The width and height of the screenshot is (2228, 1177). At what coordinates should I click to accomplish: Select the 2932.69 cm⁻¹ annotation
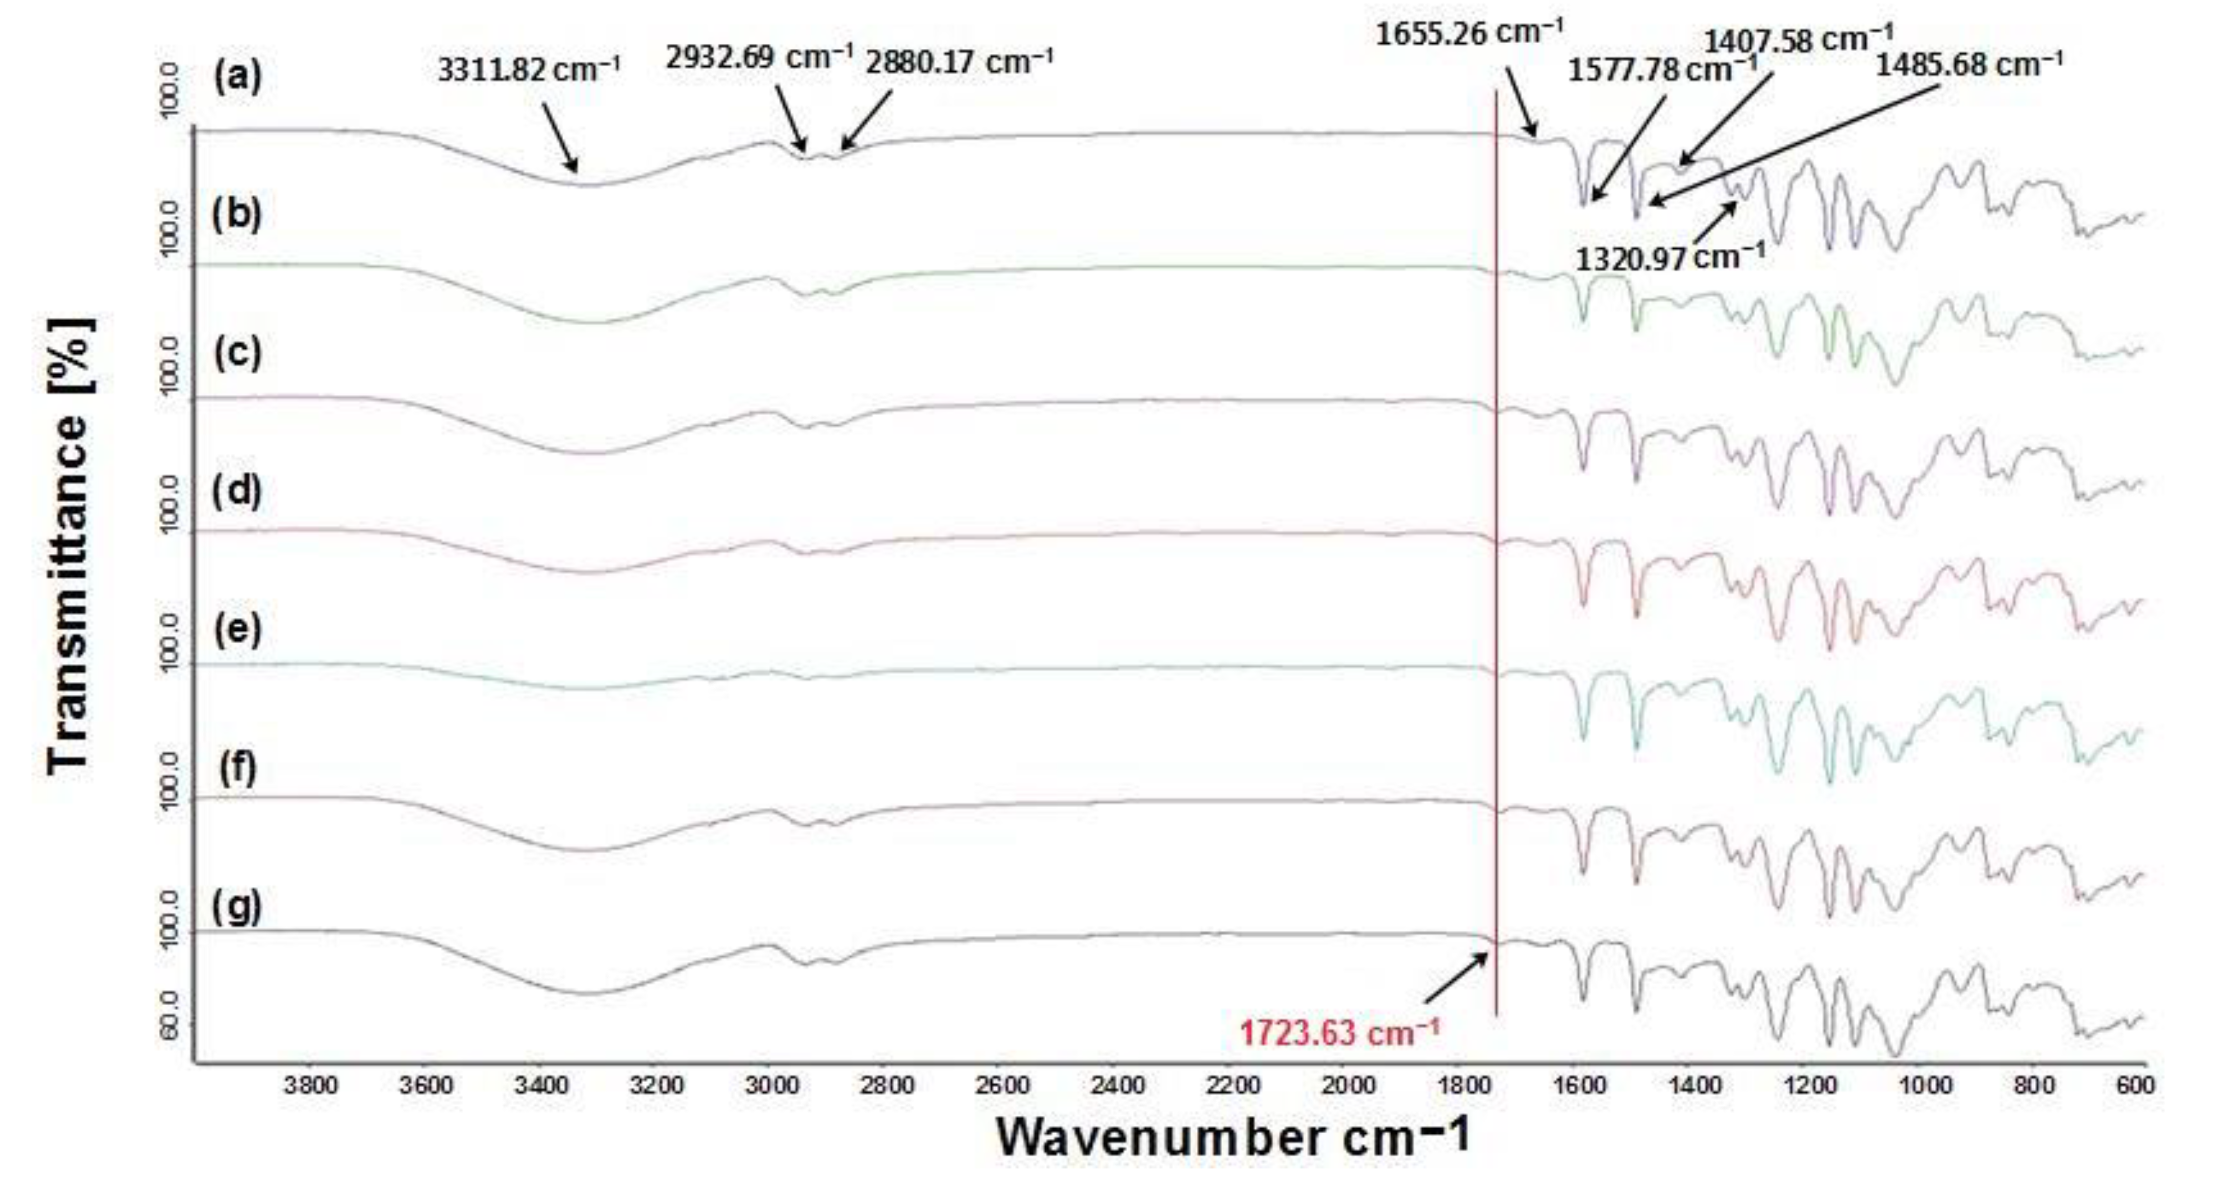759,57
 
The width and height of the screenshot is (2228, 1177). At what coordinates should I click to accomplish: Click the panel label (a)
237,78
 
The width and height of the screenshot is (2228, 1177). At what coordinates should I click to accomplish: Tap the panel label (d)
237,491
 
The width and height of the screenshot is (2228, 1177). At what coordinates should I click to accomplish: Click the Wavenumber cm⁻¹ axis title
1233,1137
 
